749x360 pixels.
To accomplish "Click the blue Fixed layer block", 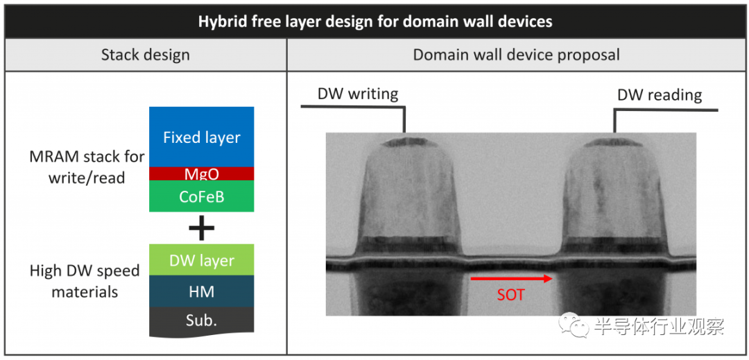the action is tap(202, 137).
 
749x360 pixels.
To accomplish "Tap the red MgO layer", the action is tap(202, 173).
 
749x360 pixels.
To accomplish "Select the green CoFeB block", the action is tap(202, 196).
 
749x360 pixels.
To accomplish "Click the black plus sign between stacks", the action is tap(202, 228).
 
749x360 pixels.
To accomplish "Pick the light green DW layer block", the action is tap(202, 259).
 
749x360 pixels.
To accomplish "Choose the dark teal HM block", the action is tap(202, 291).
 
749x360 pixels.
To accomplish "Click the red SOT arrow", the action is tap(512, 278).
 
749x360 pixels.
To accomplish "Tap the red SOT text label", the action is tap(511, 295).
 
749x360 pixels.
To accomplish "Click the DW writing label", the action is tap(358, 94).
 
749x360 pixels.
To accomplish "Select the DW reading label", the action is tap(660, 95).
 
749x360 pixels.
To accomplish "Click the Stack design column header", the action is tap(145, 55).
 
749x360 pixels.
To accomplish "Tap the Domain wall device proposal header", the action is tap(517, 54).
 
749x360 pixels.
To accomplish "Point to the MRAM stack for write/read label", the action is tap(87, 167).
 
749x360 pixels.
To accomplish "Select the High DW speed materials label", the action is tap(85, 281).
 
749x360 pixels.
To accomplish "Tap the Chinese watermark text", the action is tap(660, 327).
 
